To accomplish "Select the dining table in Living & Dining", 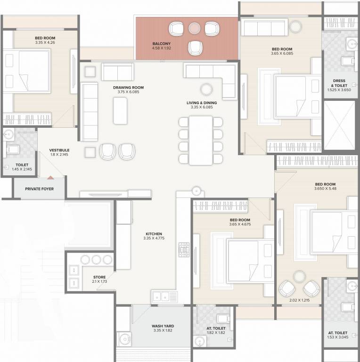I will (x=200, y=140).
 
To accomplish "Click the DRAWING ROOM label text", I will (x=128, y=87).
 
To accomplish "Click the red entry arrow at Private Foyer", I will (x=50, y=177).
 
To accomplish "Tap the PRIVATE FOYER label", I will (x=40, y=189).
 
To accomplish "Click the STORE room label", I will (x=99, y=277).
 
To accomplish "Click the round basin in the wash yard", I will (x=124, y=338).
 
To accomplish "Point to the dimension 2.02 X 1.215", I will (x=298, y=299).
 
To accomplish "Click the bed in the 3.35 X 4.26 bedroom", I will (x=27, y=71).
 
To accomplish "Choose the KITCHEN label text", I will (x=154, y=234).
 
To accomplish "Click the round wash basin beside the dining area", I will (x=196, y=190).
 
